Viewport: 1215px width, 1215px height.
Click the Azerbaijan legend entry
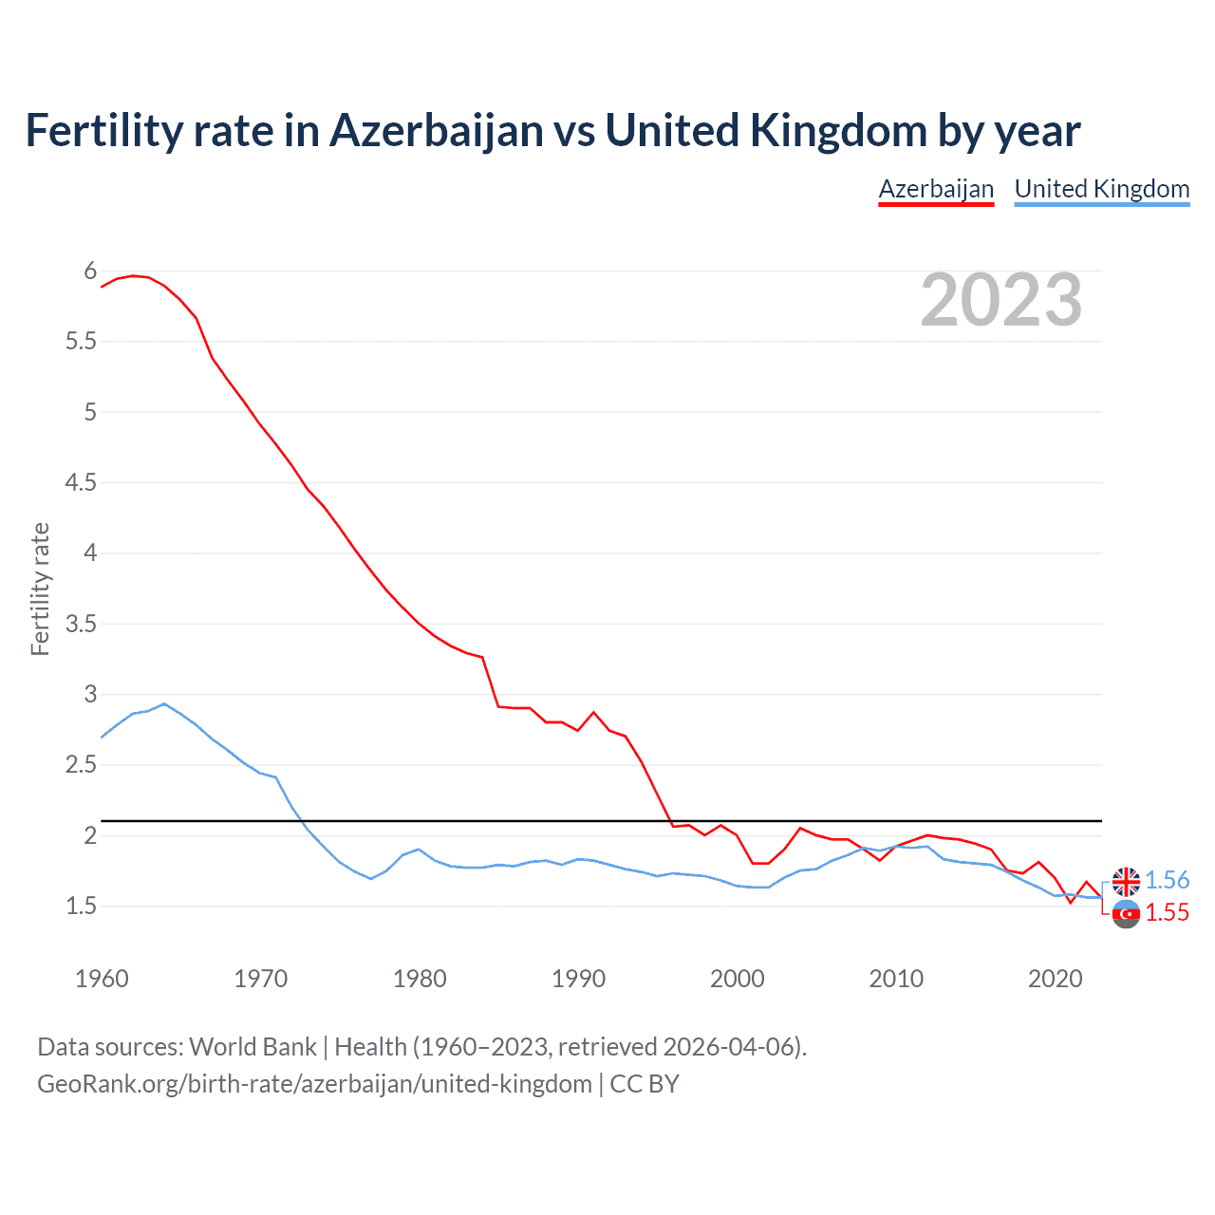tap(936, 189)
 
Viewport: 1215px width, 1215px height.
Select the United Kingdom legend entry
tap(1101, 189)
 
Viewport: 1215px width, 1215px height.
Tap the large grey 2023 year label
tap(1001, 300)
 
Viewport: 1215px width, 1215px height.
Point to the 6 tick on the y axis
tap(90, 271)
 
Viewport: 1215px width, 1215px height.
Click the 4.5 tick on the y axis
tap(81, 483)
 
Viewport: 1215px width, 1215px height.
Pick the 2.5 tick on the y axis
tap(81, 765)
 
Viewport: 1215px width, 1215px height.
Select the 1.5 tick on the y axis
tap(81, 907)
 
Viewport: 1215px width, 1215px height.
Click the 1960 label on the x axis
tap(102, 979)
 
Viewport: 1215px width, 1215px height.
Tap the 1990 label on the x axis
tap(578, 979)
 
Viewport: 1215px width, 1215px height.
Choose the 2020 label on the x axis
tap(1055, 979)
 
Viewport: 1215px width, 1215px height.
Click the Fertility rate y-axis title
tap(40, 589)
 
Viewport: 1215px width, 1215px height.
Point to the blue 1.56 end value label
tap(1167, 880)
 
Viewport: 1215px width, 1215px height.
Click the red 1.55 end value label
tap(1167, 912)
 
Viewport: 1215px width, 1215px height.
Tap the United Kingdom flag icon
tap(1126, 882)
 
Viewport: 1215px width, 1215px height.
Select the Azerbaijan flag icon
tap(1126, 914)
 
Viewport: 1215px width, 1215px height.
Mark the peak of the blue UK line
tap(164, 703)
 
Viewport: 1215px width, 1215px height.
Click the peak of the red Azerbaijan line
tap(133, 275)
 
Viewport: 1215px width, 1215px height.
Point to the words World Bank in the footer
tap(252, 1047)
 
